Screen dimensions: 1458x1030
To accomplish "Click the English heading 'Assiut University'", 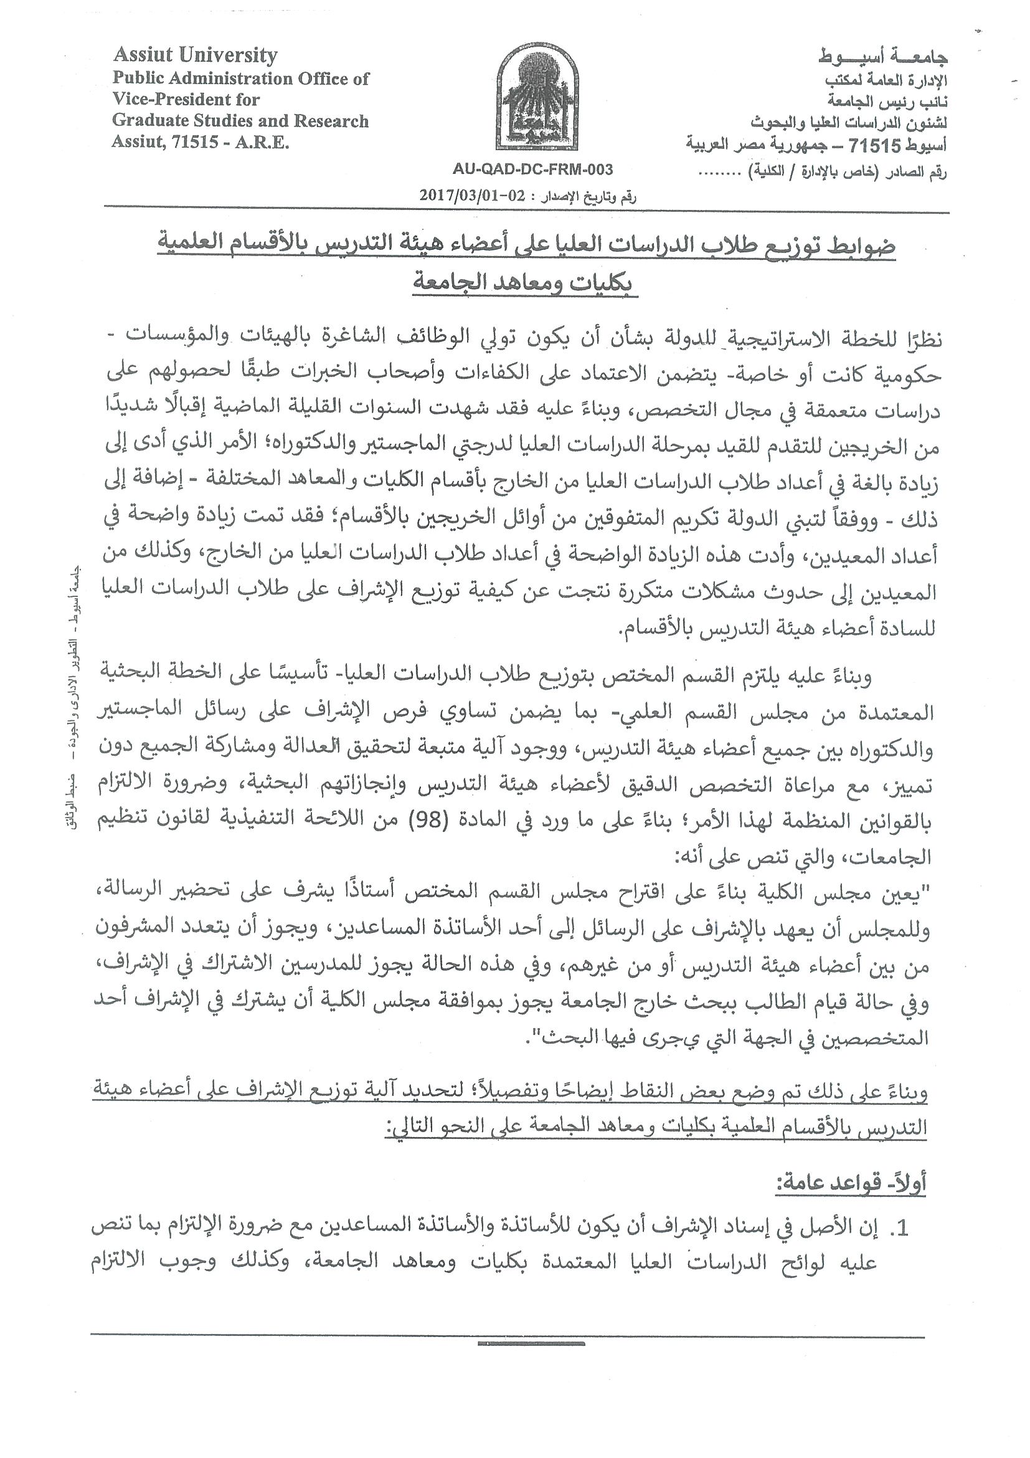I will point(196,55).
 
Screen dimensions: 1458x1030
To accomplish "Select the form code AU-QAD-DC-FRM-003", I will point(532,169).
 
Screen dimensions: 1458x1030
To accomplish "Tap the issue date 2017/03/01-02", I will point(472,196).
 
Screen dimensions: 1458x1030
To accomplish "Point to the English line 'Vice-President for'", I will point(186,100).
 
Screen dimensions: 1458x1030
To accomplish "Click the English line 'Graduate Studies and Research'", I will point(240,121).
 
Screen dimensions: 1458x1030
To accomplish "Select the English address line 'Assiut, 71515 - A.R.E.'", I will point(201,142).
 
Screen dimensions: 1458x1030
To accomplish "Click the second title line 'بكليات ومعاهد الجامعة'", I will point(526,282).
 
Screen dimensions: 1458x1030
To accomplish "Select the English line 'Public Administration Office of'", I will point(240,79).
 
